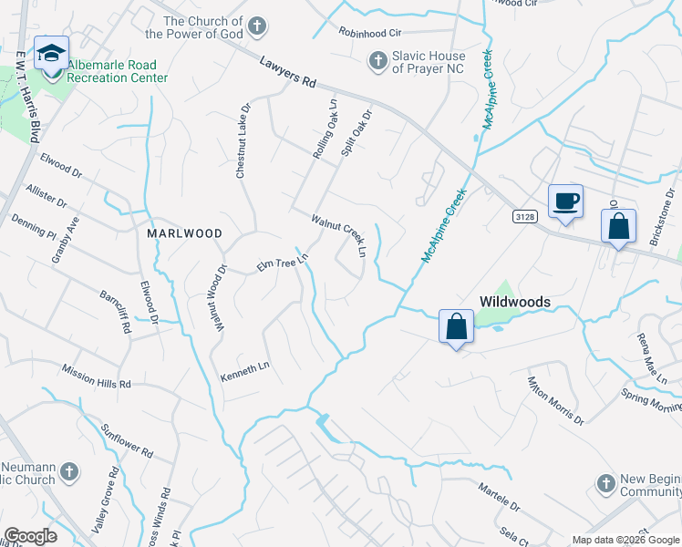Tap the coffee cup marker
[565, 201]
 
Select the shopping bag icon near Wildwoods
[455, 326]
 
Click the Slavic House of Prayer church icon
[376, 61]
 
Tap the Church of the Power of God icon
[258, 25]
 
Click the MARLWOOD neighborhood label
[184, 233]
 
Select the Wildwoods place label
[515, 302]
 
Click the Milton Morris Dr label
[554, 399]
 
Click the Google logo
[31, 536]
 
